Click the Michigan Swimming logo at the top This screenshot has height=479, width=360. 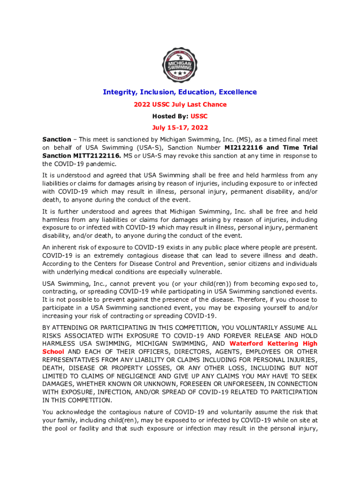180,65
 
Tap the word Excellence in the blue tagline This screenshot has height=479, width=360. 236,92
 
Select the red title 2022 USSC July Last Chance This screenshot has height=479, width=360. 180,104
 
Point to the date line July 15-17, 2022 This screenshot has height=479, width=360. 180,127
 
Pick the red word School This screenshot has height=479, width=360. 53,352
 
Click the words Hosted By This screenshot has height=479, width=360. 169,116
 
